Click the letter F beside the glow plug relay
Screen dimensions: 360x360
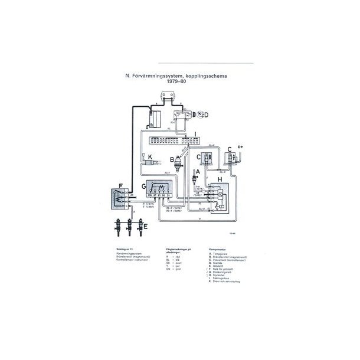click(121, 185)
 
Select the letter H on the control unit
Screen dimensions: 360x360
click(220, 179)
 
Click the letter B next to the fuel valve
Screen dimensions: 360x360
click(172, 159)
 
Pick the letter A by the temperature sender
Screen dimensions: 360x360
click(198, 171)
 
